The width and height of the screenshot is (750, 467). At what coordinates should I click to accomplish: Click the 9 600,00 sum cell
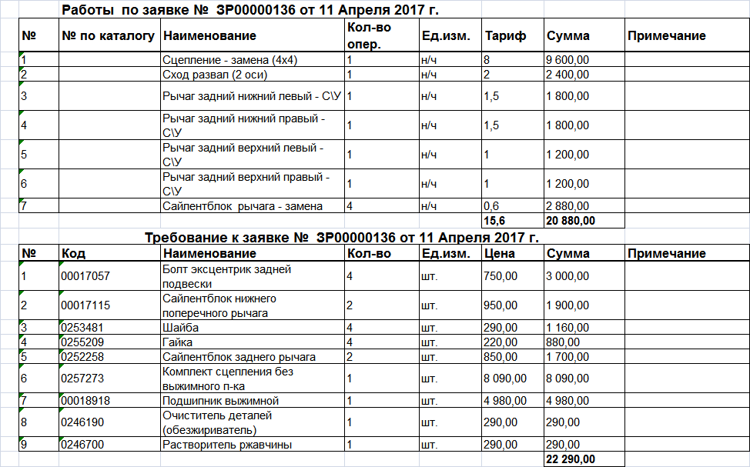(568, 60)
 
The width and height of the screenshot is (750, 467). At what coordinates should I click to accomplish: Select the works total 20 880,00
(570, 221)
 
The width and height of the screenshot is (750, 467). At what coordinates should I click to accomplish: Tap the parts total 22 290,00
(570, 459)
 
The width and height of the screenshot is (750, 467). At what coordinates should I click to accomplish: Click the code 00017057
(85, 276)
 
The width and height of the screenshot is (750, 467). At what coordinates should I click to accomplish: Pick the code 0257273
(82, 379)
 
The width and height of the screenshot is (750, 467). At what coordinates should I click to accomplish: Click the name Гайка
(178, 342)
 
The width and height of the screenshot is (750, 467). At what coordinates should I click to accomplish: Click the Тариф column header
(506, 36)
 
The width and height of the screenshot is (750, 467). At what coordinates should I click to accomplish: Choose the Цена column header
(501, 254)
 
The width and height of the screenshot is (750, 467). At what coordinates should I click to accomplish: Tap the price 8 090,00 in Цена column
(505, 379)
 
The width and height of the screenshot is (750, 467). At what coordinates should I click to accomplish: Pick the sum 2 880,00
(568, 206)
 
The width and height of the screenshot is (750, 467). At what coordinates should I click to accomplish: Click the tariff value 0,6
(491, 206)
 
